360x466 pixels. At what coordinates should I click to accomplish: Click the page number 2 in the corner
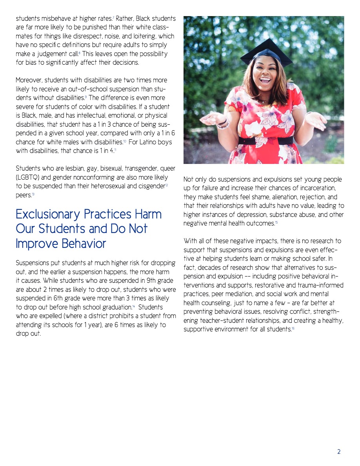point(339,452)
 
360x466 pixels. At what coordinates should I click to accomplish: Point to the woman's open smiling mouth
point(265,81)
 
